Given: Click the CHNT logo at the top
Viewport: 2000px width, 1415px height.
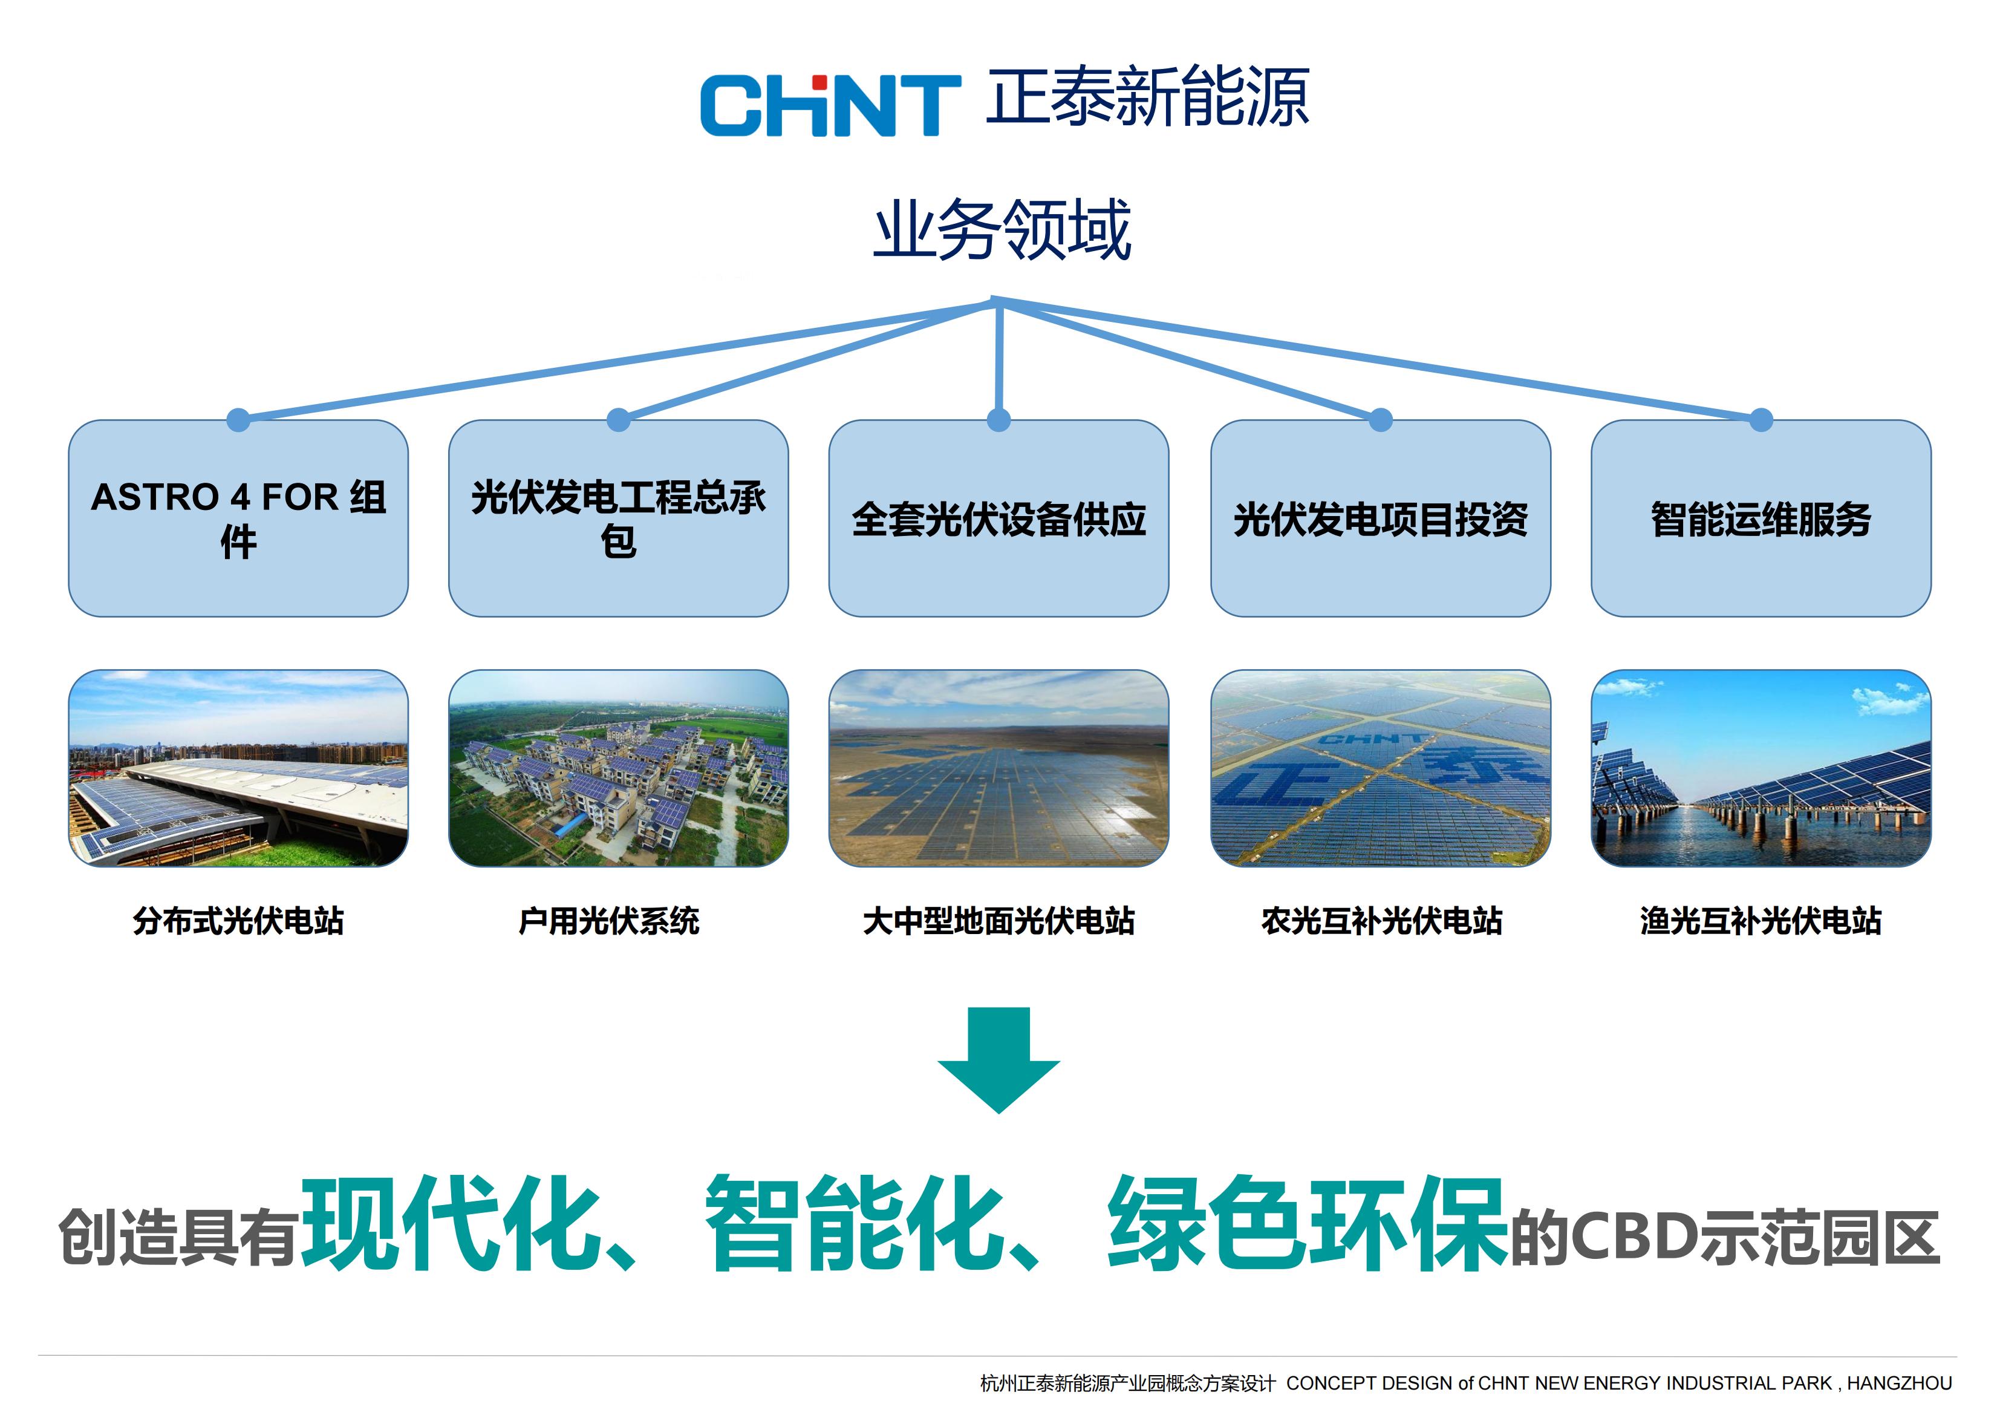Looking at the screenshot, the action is click(x=830, y=105).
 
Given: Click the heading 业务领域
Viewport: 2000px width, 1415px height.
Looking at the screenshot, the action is click(x=1002, y=229).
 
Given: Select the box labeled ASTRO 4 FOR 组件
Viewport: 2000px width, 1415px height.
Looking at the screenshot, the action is click(x=239, y=518).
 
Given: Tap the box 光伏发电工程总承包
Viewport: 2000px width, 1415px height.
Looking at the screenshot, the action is click(x=619, y=518).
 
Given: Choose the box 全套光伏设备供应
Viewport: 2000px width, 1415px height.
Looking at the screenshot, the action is click(x=999, y=518).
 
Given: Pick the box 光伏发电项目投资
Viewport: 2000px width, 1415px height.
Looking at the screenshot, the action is click(x=1381, y=518).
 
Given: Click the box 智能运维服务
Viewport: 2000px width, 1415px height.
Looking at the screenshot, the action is click(x=1761, y=518).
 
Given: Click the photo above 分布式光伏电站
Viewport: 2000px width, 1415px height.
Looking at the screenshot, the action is click(x=239, y=768).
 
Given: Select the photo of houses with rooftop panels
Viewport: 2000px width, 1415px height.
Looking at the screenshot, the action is click(x=619, y=768).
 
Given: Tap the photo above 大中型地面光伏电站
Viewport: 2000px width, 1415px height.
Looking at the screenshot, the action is click(x=999, y=768).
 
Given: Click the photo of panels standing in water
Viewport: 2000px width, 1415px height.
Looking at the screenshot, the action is click(x=1761, y=768).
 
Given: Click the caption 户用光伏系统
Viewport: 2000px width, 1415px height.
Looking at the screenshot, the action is click(x=609, y=921).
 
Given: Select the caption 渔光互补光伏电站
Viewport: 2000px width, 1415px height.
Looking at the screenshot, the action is click(x=1761, y=921).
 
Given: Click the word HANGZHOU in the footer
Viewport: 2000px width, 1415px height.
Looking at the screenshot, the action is click(x=1900, y=1384).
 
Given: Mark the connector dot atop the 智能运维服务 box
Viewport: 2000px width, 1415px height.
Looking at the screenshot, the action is click(x=1761, y=420).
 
